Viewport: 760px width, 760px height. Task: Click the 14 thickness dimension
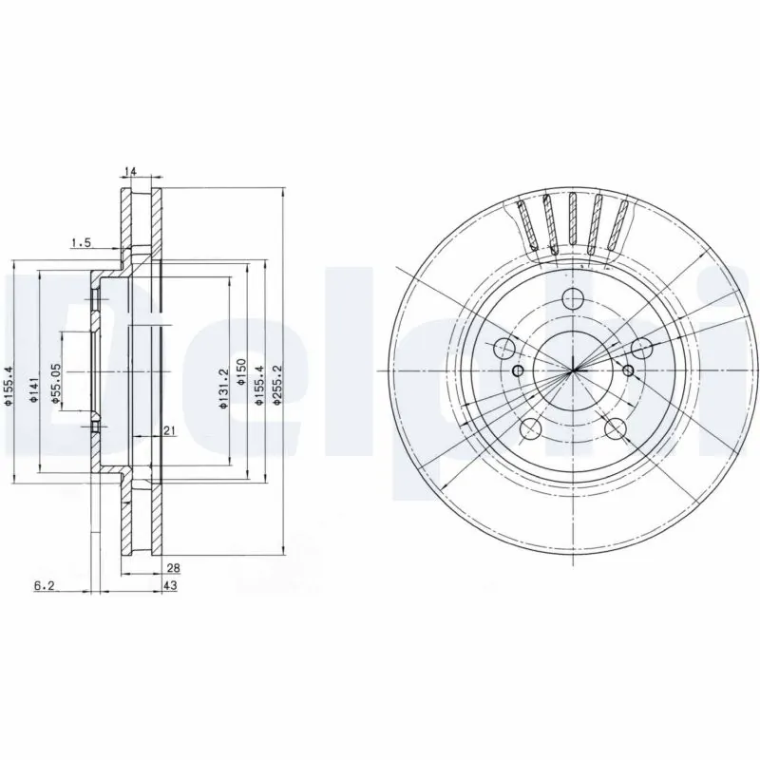tap(130, 172)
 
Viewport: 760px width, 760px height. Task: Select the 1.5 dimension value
tap(81, 243)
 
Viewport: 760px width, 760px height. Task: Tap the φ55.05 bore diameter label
tap(56, 386)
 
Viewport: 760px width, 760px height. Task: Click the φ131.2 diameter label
tap(223, 389)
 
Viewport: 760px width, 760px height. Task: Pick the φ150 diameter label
tap(241, 370)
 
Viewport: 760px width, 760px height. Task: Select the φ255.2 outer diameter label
tap(276, 386)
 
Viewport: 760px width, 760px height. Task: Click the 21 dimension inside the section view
tap(169, 431)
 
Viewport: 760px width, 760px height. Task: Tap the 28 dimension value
tap(172, 568)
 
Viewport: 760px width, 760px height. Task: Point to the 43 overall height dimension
tap(171, 586)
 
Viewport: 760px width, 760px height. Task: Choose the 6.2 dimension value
tap(44, 586)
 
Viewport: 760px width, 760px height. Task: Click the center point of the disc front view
tap(574, 370)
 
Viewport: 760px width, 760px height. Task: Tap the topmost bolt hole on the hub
tap(572, 296)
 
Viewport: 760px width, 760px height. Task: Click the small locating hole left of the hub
tap(518, 370)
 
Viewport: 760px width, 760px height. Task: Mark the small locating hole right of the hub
tap(628, 370)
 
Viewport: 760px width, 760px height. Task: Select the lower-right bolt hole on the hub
tap(617, 427)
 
